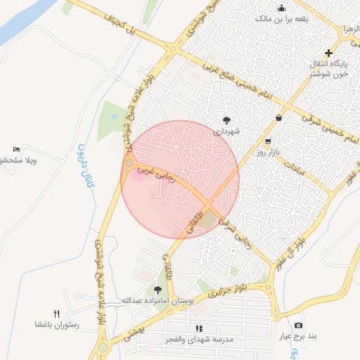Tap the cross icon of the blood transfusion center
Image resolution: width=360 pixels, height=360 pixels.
pos(328,53)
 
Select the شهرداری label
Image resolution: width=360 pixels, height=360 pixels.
pos(227,131)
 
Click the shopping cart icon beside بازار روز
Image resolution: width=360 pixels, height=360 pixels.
pos(267,141)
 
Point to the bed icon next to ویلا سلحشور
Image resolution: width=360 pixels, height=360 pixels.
pos(17,150)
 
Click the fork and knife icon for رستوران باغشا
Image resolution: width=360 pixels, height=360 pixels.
pos(57,314)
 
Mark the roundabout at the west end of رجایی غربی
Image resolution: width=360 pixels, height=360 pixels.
pos(129,163)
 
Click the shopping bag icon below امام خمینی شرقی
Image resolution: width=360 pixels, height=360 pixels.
pos(279,117)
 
